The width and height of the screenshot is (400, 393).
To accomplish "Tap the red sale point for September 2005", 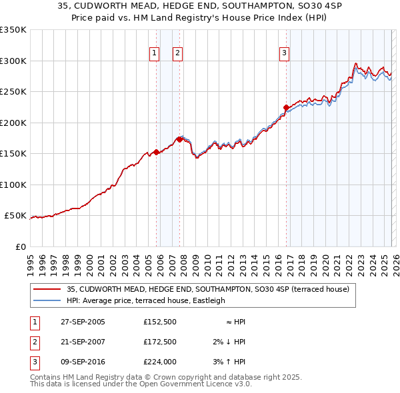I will pos(157,152).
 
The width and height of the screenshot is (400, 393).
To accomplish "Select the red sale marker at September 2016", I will pos(286,107).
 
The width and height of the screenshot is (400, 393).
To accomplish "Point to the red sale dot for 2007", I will pos(180,139).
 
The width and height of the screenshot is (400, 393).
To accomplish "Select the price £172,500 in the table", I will pos(160,342).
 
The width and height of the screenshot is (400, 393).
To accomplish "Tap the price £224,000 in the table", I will pos(160,362).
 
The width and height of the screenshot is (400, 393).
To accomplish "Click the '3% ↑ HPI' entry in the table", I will pos(228,362).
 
